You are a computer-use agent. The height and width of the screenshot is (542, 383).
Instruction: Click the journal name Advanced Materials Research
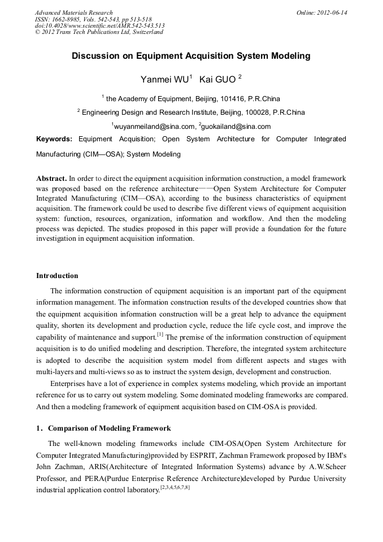click(73, 12)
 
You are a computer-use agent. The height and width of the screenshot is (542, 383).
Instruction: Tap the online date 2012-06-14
click(332, 12)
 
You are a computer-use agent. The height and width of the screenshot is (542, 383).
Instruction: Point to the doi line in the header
click(99, 25)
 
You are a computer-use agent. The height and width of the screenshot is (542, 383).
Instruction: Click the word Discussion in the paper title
click(95, 57)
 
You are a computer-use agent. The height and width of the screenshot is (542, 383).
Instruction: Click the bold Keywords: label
click(54, 139)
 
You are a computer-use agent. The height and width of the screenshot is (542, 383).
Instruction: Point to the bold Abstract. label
click(51, 177)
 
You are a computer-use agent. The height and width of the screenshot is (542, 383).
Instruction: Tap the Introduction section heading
click(57, 276)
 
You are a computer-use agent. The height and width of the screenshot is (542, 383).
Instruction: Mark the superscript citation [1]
click(160, 335)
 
